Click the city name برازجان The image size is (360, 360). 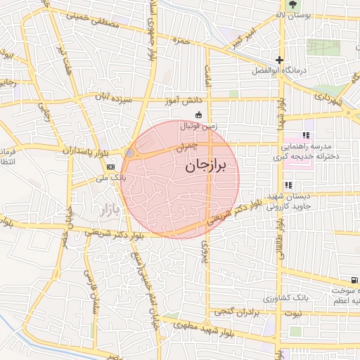(x=208, y=166)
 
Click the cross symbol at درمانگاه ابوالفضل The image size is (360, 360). (x=280, y=60)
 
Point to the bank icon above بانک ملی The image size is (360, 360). (x=110, y=167)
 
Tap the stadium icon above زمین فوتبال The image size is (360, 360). (x=199, y=115)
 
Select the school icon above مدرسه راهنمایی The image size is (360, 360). (x=305, y=136)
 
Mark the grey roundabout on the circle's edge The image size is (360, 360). (x=129, y=153)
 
